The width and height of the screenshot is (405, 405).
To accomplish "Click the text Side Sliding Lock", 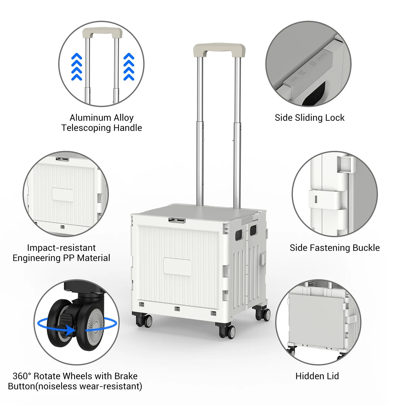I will [309, 118].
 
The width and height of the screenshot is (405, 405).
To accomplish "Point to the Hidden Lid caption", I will [317, 376].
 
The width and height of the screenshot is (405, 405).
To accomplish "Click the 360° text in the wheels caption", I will [22, 376].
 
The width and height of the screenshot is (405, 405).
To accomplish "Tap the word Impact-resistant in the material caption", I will [61, 248].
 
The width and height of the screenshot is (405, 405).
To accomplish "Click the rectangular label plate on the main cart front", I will [177, 267].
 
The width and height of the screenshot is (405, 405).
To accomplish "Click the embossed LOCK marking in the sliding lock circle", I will [293, 81].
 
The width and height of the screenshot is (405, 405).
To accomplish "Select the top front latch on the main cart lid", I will [177, 220].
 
